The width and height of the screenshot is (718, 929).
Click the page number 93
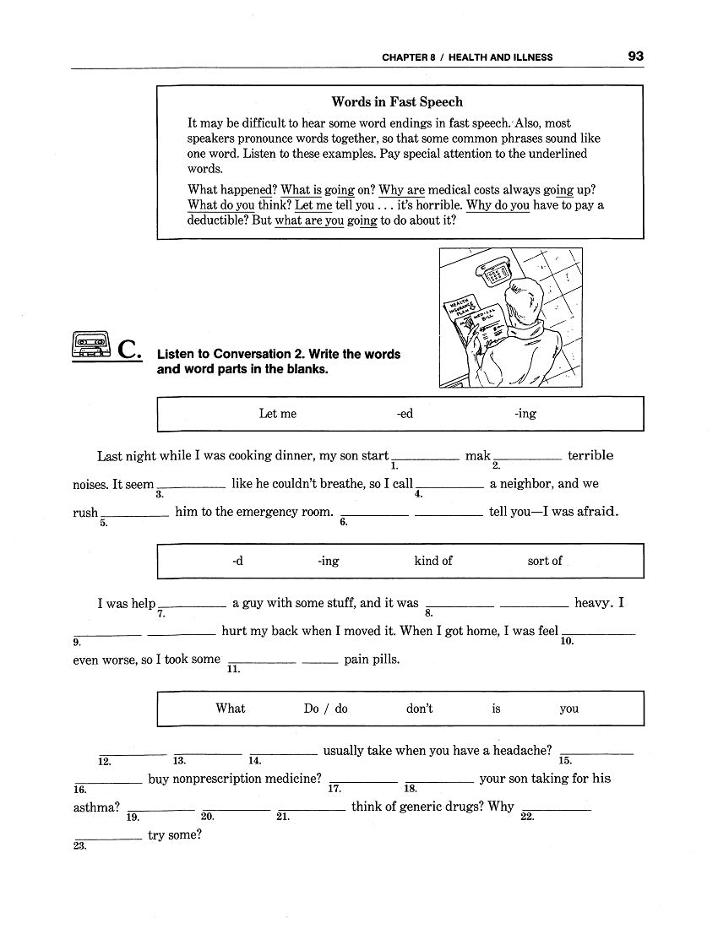click(x=635, y=57)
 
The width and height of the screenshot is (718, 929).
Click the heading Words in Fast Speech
click(x=397, y=102)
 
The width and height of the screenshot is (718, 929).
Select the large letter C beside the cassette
click(x=128, y=349)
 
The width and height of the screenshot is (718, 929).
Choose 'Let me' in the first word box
click(x=278, y=414)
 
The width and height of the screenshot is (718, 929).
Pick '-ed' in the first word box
click(x=405, y=414)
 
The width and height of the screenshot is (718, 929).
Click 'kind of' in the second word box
click(x=433, y=561)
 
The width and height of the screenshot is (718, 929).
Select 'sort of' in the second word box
click(x=545, y=561)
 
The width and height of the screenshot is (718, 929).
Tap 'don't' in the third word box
click(x=419, y=709)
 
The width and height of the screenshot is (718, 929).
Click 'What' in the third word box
click(x=231, y=709)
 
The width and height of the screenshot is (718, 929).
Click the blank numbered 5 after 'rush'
click(x=135, y=513)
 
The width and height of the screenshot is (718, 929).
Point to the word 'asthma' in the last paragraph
click(x=95, y=807)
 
